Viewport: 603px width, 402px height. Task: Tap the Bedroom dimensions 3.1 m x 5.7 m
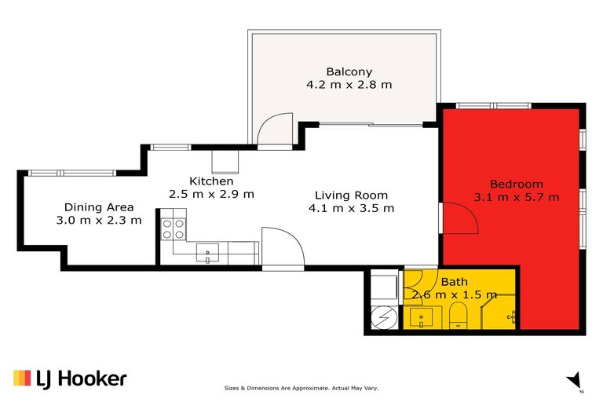pos(516,197)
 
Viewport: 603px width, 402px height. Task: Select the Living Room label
pos(351,195)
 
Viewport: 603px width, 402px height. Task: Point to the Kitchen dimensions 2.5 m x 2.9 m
pos(211,193)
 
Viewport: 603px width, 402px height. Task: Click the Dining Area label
pos(98,207)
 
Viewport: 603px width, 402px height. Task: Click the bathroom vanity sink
pos(421,318)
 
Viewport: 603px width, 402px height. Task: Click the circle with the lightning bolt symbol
pos(382,319)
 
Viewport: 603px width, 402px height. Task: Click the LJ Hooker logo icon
pos(21,378)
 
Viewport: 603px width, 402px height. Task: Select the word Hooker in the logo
pos(93,378)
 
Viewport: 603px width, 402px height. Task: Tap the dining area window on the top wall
pos(71,173)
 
